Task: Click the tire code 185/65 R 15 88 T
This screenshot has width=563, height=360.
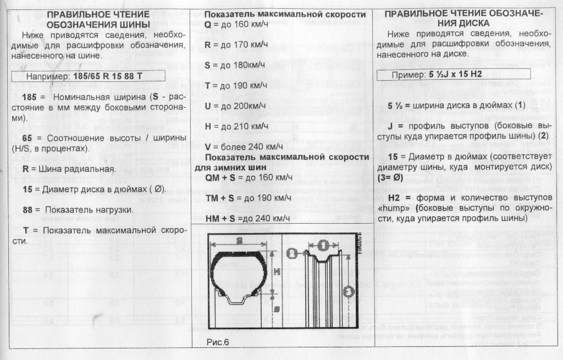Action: pos(108,76)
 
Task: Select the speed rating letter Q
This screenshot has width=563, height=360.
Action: pos(208,25)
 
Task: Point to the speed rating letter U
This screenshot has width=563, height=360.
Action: pos(208,106)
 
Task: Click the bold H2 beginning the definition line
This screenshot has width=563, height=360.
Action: pos(394,198)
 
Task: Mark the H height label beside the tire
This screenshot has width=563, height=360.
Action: pos(277,271)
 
